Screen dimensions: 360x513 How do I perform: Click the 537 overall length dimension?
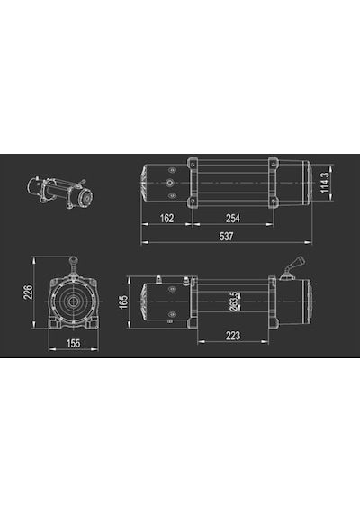coord(226,236)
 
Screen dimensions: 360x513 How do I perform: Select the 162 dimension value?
coord(166,218)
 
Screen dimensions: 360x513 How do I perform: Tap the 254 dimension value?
coord(233,218)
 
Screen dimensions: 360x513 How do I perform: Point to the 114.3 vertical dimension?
coord(324,183)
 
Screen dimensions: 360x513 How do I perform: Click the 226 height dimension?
coord(28,292)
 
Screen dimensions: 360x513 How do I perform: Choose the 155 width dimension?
coord(73,343)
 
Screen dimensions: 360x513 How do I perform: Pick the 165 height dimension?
coord(123,302)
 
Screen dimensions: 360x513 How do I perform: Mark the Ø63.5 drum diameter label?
coord(234,301)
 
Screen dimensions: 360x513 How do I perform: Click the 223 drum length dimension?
coord(233,336)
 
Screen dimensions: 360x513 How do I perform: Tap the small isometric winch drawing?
coord(60,193)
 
